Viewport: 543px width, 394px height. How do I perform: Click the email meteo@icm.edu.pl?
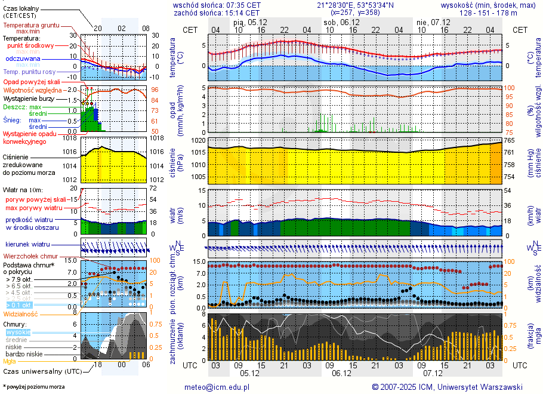(217, 387)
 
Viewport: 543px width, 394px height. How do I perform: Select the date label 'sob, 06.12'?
(341, 21)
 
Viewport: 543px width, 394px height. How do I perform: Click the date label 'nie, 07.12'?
(433, 21)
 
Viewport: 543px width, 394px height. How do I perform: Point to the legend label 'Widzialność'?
(21, 313)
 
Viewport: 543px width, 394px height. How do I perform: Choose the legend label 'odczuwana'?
(23, 59)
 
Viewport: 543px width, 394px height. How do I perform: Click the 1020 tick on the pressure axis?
(198, 140)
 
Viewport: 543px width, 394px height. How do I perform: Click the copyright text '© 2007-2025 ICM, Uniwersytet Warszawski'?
(447, 387)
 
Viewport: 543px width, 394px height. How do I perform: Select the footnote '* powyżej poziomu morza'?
(33, 387)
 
